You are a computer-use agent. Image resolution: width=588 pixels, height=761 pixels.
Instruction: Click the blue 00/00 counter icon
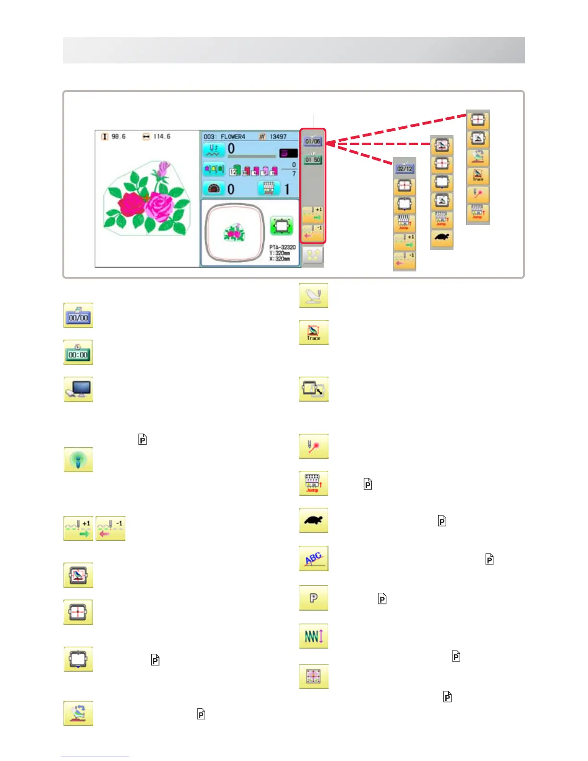click(x=78, y=316)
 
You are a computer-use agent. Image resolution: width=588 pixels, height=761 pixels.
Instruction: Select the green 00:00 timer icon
click(x=78, y=353)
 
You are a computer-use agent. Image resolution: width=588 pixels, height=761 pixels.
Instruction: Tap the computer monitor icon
click(x=78, y=390)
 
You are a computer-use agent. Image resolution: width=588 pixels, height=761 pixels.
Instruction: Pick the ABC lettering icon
click(x=313, y=558)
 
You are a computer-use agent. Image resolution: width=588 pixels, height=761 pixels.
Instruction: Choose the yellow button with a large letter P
click(x=313, y=598)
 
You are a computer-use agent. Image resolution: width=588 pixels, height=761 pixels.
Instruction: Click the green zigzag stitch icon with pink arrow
click(x=313, y=637)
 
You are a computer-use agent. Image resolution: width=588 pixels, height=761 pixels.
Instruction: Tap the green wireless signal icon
click(x=78, y=460)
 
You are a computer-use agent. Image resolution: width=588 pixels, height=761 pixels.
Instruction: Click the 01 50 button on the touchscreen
click(x=313, y=160)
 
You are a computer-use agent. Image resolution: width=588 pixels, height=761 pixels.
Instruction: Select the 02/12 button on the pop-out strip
click(x=404, y=169)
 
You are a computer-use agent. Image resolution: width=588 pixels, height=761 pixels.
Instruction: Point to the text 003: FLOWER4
click(x=224, y=137)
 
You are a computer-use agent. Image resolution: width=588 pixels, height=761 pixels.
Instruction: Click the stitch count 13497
click(x=278, y=137)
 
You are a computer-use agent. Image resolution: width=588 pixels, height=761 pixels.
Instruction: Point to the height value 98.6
click(x=118, y=137)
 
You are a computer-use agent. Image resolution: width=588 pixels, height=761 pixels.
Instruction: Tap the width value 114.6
click(x=161, y=137)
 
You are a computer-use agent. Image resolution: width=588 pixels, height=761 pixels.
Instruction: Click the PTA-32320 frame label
click(x=282, y=247)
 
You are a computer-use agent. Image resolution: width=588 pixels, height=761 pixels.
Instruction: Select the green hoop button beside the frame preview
click(x=282, y=225)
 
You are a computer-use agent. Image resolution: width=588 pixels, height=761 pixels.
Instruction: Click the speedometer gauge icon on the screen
click(x=213, y=189)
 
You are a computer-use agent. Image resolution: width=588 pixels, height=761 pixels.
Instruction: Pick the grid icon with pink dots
click(x=313, y=676)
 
